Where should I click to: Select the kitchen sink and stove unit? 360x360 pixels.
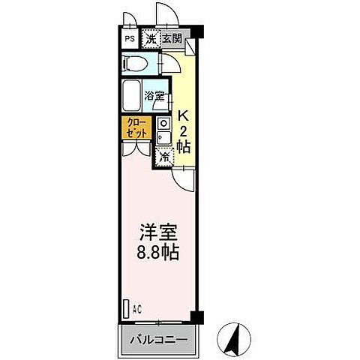coord(164,130)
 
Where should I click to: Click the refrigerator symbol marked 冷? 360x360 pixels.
coord(164,156)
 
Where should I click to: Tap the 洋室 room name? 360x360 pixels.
coord(157,232)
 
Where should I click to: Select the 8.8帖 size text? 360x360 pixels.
coord(157,252)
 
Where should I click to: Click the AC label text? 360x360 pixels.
coord(137,307)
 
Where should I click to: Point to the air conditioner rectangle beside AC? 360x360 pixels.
coord(125,307)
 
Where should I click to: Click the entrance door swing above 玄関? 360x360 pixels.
coord(166,15)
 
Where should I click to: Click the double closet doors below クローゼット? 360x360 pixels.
coord(135,148)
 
